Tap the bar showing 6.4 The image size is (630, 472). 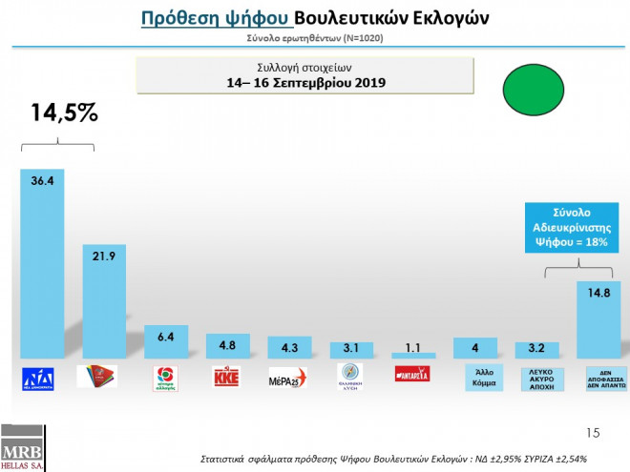pos(164,342)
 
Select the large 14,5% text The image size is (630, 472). pos(64,113)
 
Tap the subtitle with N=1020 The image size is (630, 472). pos(314,38)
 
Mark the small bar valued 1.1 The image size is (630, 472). pos(412,355)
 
